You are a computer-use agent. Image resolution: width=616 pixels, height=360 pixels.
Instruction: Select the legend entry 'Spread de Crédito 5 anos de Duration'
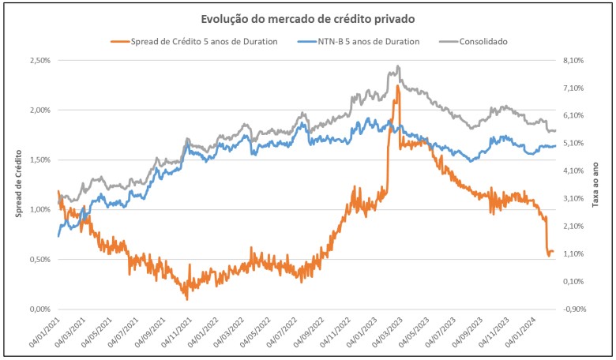(193, 41)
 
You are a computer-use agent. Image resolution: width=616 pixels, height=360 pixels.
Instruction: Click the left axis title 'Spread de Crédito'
(19, 184)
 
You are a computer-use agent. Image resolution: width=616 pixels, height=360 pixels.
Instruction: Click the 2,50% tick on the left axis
(39, 60)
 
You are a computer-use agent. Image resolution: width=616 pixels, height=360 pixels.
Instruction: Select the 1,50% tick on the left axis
(39, 159)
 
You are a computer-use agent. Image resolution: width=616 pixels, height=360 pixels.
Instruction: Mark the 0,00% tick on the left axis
(39, 309)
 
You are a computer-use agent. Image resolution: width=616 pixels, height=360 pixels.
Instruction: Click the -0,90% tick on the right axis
(573, 309)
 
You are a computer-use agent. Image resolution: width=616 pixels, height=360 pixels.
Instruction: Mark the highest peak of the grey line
(398, 66)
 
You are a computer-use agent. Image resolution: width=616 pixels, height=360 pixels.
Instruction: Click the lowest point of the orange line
(187, 299)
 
